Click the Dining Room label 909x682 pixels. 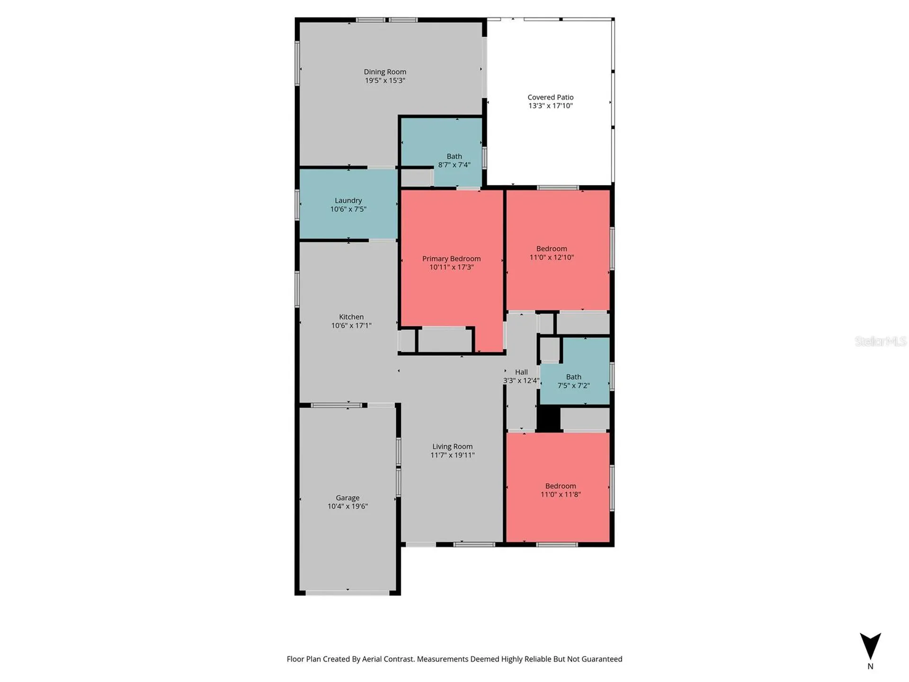tap(385, 72)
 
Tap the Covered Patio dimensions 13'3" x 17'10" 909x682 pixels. tap(551, 106)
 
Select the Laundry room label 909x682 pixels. tap(348, 200)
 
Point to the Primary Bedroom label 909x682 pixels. tap(451, 259)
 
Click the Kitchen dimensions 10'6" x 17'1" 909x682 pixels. tap(351, 325)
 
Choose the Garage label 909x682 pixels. tap(348, 498)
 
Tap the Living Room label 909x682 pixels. tap(452, 447)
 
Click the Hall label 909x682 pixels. tap(521, 372)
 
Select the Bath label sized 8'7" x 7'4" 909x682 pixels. tap(454, 156)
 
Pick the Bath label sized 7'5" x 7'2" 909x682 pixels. tap(573, 377)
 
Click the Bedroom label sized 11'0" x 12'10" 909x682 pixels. tap(552, 249)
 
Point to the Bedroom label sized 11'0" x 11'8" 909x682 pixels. tap(561, 486)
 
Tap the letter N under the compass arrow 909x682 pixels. tap(870, 666)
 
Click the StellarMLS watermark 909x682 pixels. tap(881, 341)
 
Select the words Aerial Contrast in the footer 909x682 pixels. tap(388, 659)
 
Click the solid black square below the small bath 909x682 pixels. tap(549, 419)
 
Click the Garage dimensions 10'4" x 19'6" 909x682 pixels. tap(348, 506)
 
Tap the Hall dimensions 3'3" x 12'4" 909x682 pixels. tap(521, 381)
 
